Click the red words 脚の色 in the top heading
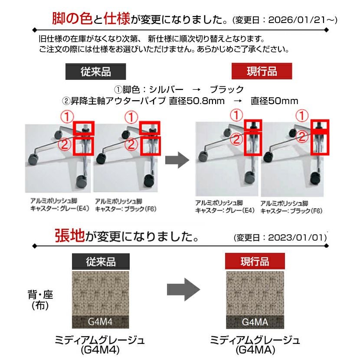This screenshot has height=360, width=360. click(72, 18)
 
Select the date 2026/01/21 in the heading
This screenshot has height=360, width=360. click(296, 20)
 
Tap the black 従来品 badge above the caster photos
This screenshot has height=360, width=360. click(95, 72)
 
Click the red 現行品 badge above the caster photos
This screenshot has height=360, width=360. click(262, 71)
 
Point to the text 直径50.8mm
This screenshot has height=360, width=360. click(197, 101)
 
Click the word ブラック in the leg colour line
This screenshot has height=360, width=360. click(226, 89)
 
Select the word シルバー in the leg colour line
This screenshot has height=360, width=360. click(166, 89)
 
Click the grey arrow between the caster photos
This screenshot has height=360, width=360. click(177, 160)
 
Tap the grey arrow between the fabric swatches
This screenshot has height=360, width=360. click(183, 289)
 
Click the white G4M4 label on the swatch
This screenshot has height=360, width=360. click(100, 322)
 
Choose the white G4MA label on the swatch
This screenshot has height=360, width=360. click(255, 322)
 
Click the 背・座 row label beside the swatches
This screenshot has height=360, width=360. click(40, 295)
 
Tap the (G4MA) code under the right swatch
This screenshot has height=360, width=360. click(255, 350)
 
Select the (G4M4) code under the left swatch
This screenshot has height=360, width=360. click(100, 350)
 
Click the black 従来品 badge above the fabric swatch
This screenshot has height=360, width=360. click(101, 262)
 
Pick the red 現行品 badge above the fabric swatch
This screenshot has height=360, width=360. click(255, 261)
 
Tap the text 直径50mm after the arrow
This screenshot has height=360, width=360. click(275, 101)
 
